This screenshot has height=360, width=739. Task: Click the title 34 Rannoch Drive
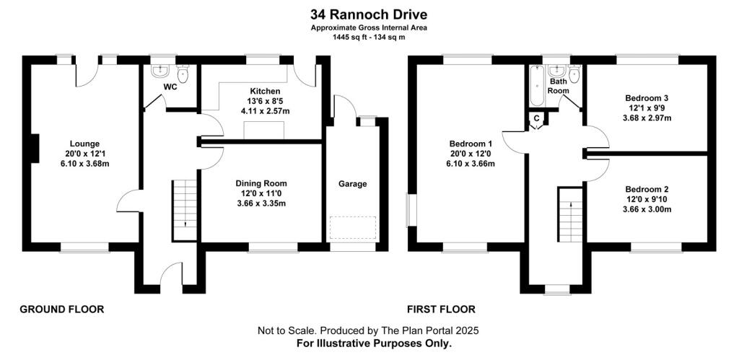(369, 14)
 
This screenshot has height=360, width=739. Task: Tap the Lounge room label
(84, 144)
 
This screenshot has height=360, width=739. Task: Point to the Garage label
(352, 184)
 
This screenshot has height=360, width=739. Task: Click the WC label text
(170, 87)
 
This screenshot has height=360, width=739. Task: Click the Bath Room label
(559, 87)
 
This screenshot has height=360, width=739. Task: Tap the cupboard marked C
(536, 118)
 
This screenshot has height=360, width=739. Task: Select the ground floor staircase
(184, 210)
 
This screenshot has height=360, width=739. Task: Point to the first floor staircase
(569, 216)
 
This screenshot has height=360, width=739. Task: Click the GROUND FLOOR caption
(62, 309)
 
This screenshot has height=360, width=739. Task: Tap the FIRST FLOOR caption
(441, 309)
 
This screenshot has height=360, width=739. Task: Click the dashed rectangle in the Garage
(353, 228)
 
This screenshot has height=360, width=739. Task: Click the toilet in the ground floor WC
(183, 72)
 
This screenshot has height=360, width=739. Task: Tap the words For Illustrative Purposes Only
(374, 343)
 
